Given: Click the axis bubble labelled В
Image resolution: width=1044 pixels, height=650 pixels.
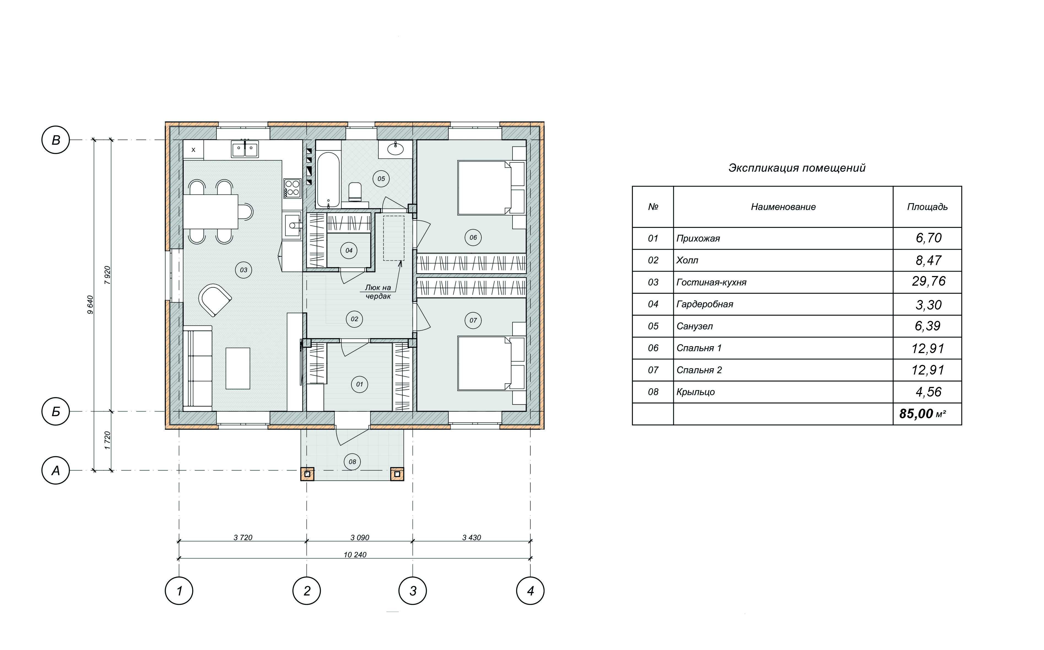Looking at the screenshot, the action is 55,140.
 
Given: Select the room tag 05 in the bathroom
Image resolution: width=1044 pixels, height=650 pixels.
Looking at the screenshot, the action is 381,179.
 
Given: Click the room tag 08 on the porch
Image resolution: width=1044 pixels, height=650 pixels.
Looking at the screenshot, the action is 352,462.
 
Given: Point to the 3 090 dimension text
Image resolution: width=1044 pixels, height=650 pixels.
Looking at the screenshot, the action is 360,537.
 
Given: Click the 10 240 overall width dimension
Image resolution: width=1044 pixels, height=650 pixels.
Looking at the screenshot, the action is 355,555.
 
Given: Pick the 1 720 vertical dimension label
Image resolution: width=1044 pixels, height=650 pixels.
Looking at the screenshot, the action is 108,441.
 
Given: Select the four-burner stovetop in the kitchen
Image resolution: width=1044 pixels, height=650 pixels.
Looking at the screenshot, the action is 292,188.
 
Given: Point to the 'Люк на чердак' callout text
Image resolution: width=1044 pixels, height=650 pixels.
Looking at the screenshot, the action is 378,292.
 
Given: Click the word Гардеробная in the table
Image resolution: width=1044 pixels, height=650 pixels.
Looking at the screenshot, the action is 705,304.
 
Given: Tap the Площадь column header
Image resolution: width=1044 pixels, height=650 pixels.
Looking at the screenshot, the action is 928,207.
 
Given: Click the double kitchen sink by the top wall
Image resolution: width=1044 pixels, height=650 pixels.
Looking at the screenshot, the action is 245,149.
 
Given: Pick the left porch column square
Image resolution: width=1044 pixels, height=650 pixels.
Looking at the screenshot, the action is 307,474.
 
